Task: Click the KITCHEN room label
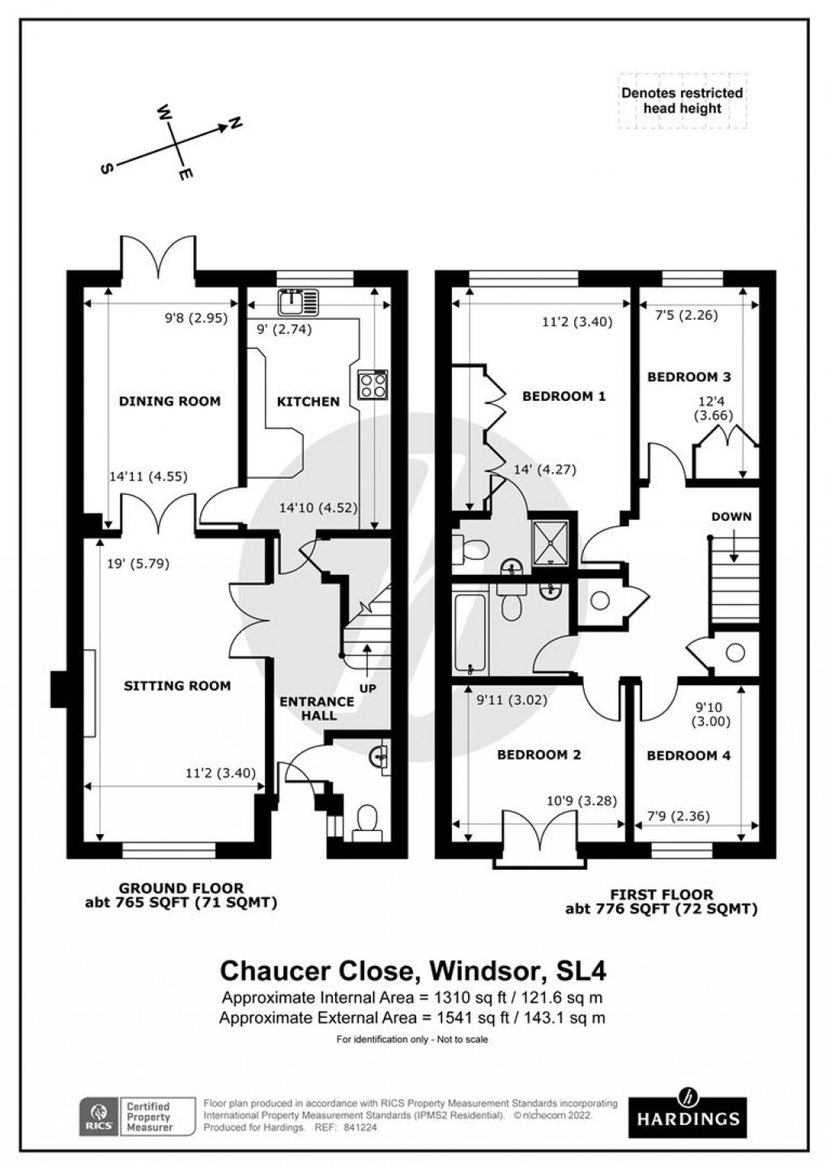click(308, 401)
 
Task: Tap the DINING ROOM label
click(169, 400)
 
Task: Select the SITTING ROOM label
click(177, 685)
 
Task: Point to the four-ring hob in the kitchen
click(373, 384)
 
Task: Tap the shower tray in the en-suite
click(551, 541)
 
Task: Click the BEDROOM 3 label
click(688, 377)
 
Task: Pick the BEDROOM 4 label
click(688, 755)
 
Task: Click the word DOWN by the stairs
click(731, 517)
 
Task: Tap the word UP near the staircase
click(368, 688)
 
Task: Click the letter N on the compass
click(235, 124)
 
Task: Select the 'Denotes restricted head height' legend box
click(682, 100)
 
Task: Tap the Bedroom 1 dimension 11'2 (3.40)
click(577, 321)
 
